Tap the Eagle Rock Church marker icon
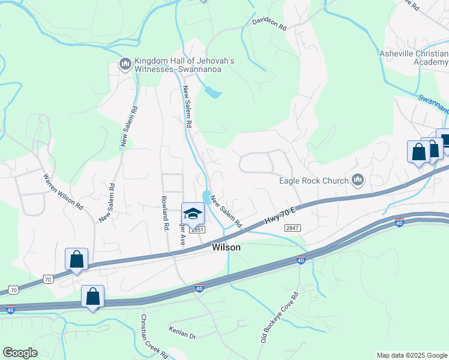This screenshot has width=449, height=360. pos(358,179)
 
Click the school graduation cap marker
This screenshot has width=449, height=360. pos(193,214)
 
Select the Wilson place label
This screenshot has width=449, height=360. pos(226,247)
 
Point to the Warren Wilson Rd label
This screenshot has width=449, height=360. pos(63,191)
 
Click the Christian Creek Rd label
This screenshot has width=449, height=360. pos(155,336)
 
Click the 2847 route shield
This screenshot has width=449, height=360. pos(292,228)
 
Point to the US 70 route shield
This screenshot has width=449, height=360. pos(49,278)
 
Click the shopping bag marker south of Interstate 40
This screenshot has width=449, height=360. pos(92,296)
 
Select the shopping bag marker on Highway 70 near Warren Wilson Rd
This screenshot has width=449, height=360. pos(76,259)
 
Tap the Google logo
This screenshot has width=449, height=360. pos(20,352)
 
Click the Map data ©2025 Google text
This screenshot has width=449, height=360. pos(412,355)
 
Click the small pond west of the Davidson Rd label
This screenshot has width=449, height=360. pos(212,92)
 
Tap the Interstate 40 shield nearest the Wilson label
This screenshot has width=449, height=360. pos(200,288)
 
